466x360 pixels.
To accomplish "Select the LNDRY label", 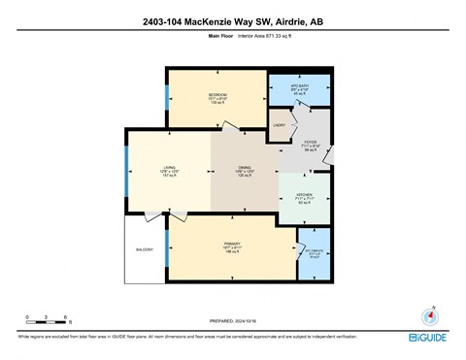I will tap(278, 125).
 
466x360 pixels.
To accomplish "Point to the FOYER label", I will tap(312, 144).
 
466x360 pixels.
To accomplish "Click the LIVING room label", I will tap(169, 167).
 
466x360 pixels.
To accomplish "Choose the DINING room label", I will tap(245, 167).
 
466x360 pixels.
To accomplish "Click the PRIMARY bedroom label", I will tap(232, 243).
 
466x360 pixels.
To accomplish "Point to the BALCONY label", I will tap(144, 249).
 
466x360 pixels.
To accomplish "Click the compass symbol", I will tap(427, 316).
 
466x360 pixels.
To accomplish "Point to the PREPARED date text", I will tap(233, 321).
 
